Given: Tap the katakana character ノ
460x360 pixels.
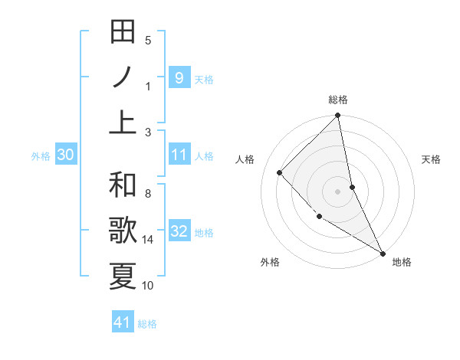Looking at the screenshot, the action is pyautogui.click(x=123, y=77).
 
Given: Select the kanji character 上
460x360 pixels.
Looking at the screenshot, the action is pyautogui.click(x=123, y=121).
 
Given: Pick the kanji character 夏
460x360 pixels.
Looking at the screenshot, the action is pyautogui.click(x=123, y=275).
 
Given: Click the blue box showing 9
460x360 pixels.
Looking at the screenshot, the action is pyautogui.click(x=179, y=77).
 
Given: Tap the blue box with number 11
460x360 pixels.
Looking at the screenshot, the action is pyautogui.click(x=179, y=155).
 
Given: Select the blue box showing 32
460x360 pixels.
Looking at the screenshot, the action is pyautogui.click(x=179, y=232).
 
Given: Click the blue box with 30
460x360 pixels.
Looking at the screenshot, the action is pyautogui.click(x=65, y=155).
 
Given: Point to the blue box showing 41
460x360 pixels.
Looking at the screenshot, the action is pyautogui.click(x=123, y=322).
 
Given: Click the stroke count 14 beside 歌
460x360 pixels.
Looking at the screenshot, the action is pyautogui.click(x=148, y=240).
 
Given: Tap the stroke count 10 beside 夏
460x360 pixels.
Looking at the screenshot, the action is pyautogui.click(x=148, y=286).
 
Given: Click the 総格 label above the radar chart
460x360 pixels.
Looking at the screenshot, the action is pyautogui.click(x=338, y=100).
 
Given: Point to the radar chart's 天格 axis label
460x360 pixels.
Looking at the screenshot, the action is pyautogui.click(x=431, y=159).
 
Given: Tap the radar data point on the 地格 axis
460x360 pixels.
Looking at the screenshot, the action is pyautogui.click(x=383, y=252).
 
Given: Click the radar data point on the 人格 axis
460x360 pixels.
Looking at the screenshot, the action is pyautogui.click(x=280, y=172).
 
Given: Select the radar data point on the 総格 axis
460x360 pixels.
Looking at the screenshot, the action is pyautogui.click(x=338, y=116).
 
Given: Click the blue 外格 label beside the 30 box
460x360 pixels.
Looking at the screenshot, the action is pyautogui.click(x=41, y=156).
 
